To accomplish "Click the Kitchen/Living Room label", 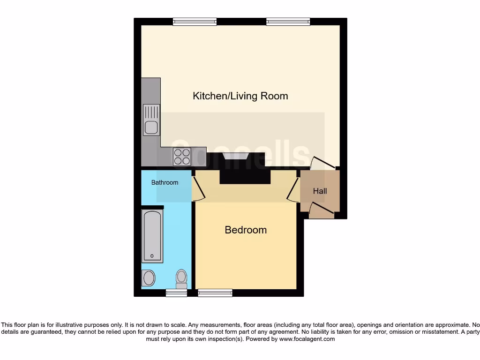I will click(240, 96).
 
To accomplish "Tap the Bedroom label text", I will click(246, 230).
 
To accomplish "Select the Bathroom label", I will click(165, 182).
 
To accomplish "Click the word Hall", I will click(320, 191).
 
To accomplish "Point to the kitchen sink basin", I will click(151, 127).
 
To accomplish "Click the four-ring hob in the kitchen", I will click(182, 156).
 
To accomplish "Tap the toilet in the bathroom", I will click(181, 278).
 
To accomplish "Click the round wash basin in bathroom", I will click(149, 278).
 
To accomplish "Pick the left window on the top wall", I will click(195, 21).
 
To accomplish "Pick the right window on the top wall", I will click(288, 21).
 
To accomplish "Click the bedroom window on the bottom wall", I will click(215, 293).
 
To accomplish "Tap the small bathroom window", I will click(176, 293).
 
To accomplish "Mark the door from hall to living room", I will click(322, 164).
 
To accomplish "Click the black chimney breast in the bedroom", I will click(246, 176).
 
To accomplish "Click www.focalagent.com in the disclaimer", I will click(307, 339).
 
